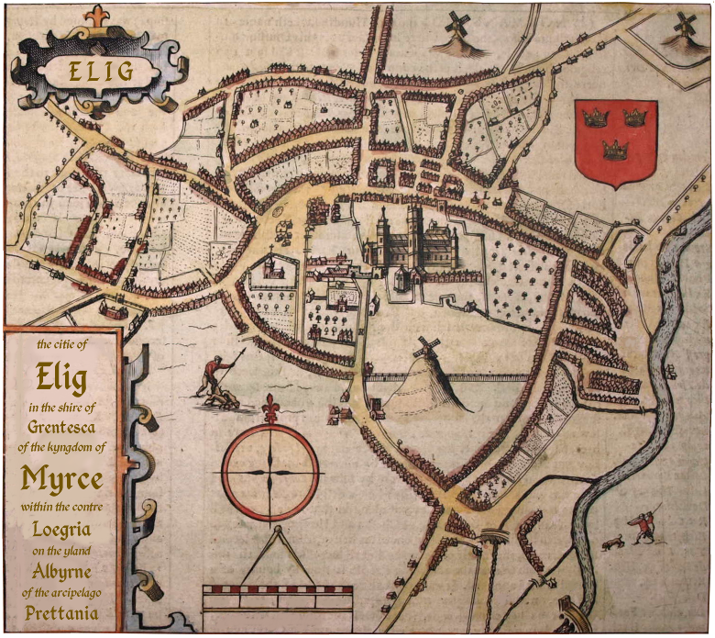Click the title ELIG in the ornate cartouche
click(x=100, y=70)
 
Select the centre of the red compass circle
click(x=270, y=470)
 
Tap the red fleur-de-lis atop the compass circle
click(x=270, y=407)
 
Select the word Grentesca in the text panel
click(x=62, y=427)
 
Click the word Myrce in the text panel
click(x=62, y=478)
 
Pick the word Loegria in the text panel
click(x=62, y=529)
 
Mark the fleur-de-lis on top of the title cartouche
click(x=96, y=16)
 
